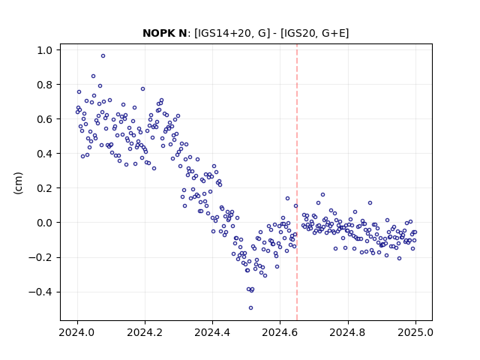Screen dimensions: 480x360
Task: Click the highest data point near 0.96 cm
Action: pyautogui.click(x=103, y=56)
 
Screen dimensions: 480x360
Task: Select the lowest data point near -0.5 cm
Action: pyautogui.click(x=250, y=308)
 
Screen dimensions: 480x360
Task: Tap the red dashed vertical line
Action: pyautogui.click(x=297, y=182)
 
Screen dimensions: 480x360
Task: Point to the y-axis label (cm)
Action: pyautogui.click(x=18, y=183)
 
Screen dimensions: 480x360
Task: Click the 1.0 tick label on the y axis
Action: pyautogui.click(x=46, y=50)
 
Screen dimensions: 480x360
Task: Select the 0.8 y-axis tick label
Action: pyautogui.click(x=46, y=85)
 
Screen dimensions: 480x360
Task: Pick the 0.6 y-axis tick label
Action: pyautogui.click(x=46, y=119)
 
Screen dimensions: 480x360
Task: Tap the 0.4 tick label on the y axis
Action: pyautogui.click(x=46, y=154)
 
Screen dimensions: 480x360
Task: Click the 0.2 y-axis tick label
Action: pyautogui.click(x=46, y=188)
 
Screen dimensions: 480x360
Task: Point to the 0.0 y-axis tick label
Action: pyautogui.click(x=46, y=223)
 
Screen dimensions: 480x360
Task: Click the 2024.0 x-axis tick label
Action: pyautogui.click(x=77, y=332)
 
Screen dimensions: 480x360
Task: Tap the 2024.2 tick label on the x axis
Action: pyautogui.click(x=145, y=332)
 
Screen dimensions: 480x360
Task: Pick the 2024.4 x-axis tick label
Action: pyautogui.click(x=212, y=332)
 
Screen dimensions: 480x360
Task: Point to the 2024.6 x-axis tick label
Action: pyautogui.click(x=280, y=332)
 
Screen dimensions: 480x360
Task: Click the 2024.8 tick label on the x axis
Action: pyautogui.click(x=348, y=332)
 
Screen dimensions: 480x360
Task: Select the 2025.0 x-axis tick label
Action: pyautogui.click(x=415, y=332)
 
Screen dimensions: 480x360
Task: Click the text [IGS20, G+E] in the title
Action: pyautogui.click(x=314, y=33)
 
